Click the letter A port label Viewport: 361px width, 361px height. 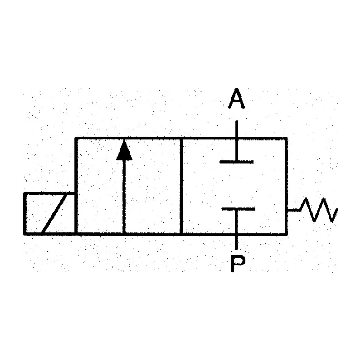click(x=236, y=98)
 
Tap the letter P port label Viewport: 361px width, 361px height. click(x=238, y=264)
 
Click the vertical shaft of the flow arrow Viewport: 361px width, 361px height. click(x=125, y=197)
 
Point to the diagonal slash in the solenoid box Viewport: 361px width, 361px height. click(x=54, y=214)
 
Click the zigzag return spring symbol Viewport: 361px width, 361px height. click(x=319, y=210)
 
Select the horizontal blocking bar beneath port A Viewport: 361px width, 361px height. click(x=236, y=162)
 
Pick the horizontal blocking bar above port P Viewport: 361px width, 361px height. click(x=238, y=209)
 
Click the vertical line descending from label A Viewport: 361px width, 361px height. click(x=236, y=141)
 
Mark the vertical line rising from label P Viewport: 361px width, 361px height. click(x=236, y=230)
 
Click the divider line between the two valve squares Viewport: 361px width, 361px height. click(x=181, y=186)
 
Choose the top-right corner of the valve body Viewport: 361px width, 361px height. click(x=287, y=139)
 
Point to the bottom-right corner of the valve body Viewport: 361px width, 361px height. click(x=287, y=234)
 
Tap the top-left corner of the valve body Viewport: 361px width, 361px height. click(x=76, y=139)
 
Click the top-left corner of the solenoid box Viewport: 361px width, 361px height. click(x=25, y=194)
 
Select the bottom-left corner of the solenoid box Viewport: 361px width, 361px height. click(x=25, y=234)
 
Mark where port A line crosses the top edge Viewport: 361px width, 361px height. click(x=236, y=139)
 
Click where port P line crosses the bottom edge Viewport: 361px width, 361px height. click(x=236, y=234)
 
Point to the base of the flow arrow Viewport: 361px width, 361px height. click(x=125, y=234)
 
